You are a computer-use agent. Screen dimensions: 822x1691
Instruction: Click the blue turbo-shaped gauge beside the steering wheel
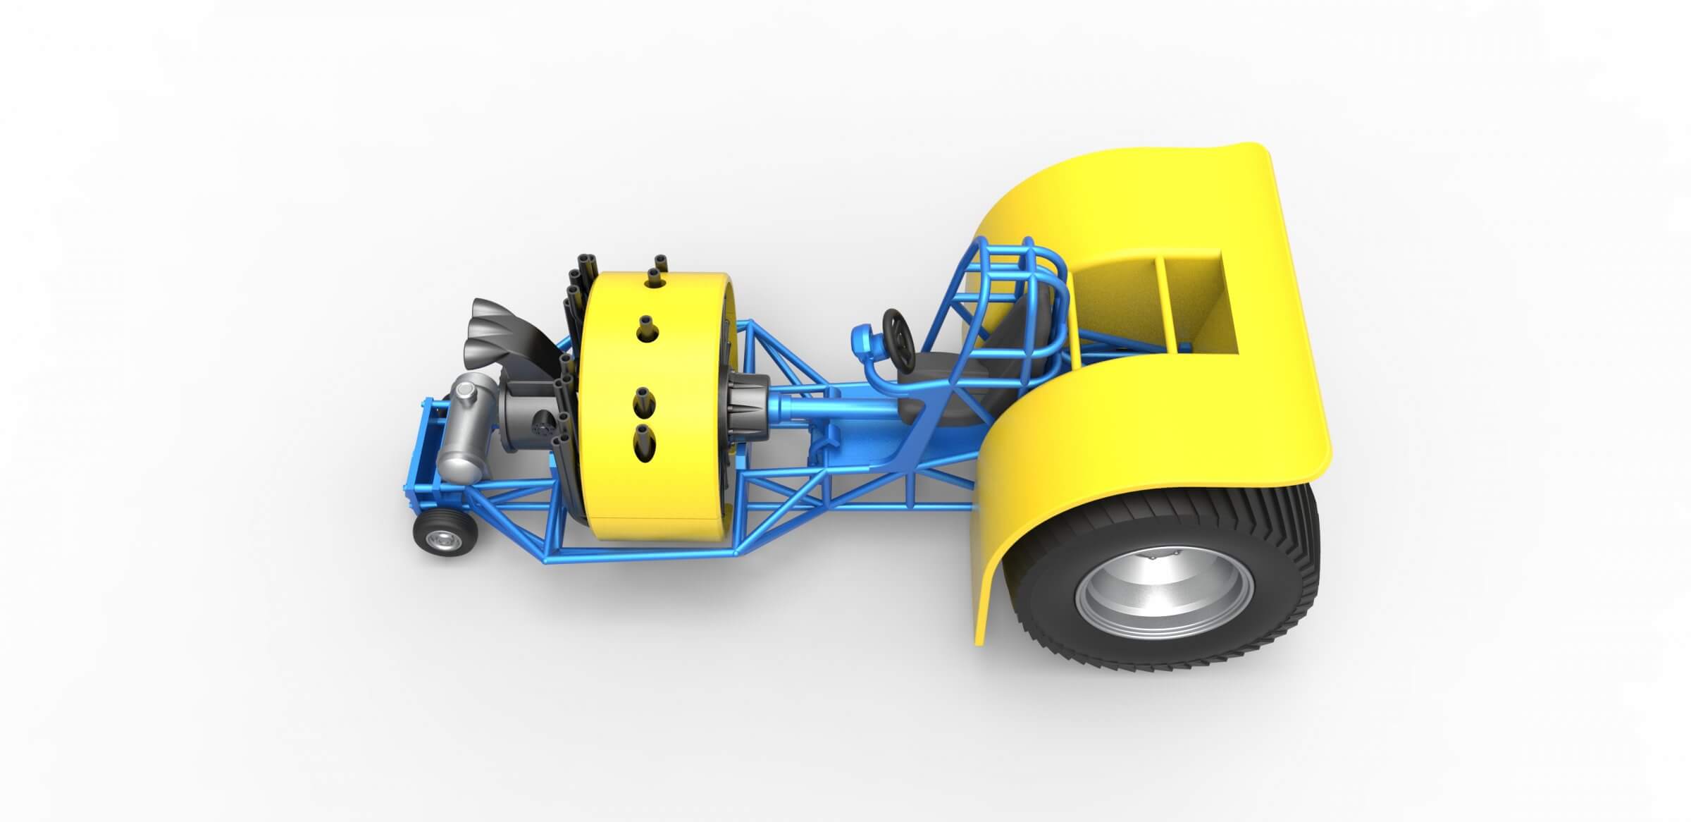866,341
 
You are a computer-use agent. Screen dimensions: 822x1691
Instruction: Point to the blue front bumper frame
423,451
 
